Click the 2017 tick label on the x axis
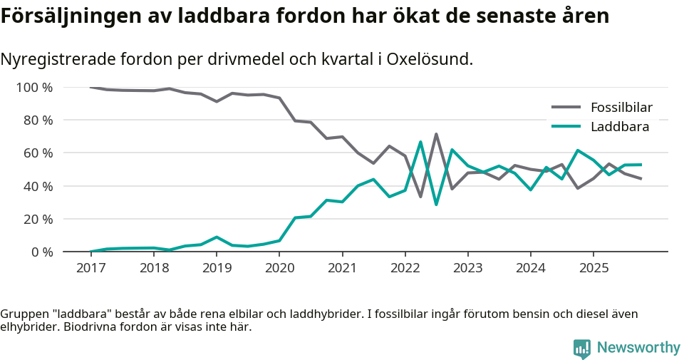click(90, 268)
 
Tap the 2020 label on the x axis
click(279, 268)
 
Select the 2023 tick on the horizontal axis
click(468, 268)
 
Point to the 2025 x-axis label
click(594, 268)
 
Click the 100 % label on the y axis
click(35, 88)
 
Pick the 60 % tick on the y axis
click(38, 153)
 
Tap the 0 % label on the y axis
click(41, 252)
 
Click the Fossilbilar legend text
click(621, 108)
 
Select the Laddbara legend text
click(620, 127)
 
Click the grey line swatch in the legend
click(567, 108)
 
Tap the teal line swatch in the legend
click(567, 127)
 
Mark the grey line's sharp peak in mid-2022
click(436, 134)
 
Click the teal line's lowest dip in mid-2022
click(436, 205)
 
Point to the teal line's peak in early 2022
click(420, 142)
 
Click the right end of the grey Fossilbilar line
click(641, 179)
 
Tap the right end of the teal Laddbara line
click(641, 165)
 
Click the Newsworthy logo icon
click(581, 348)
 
